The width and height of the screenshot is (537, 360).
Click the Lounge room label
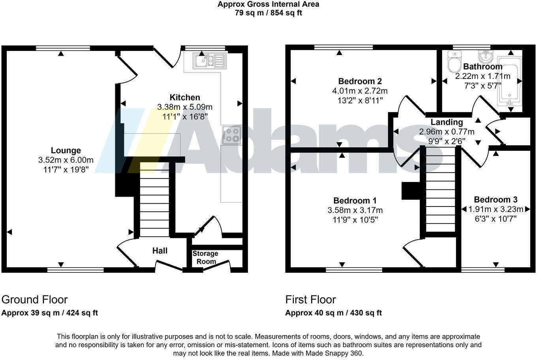[x=66, y=150]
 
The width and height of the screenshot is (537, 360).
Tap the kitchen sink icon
[x=209, y=61]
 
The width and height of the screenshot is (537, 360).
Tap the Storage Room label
[x=205, y=257]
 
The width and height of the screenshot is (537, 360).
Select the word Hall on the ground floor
[x=160, y=251]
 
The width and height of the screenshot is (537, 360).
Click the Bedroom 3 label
[x=496, y=200]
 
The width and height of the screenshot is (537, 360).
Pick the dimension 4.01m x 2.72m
[x=360, y=91]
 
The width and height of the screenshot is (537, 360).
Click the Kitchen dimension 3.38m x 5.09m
[x=185, y=107]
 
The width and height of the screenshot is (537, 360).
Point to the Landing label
[x=447, y=122]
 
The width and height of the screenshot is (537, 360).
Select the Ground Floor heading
[x=35, y=300]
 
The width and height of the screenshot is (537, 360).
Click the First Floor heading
[x=311, y=300]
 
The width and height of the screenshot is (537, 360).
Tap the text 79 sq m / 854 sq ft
[x=268, y=13]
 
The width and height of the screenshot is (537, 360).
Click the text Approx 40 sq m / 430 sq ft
[x=334, y=313]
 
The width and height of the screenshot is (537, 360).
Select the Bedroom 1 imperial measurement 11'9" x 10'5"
[x=355, y=220]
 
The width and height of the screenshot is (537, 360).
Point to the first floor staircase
[x=440, y=189]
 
